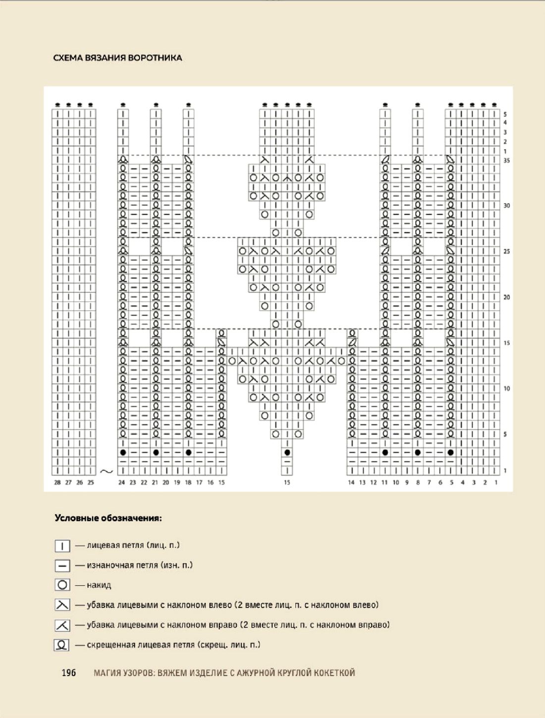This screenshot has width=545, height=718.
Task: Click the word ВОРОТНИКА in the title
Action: tap(155, 57)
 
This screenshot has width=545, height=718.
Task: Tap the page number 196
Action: tap(69, 672)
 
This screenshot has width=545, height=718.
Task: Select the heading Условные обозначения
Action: tap(108, 518)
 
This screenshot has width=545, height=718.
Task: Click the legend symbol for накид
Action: tap(62, 585)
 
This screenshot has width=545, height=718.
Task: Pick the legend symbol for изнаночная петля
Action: tap(62, 565)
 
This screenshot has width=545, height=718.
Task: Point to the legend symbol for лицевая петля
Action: tap(62, 546)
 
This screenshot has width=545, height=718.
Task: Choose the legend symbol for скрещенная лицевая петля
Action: tap(62, 645)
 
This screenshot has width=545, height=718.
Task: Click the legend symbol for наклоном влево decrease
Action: tap(62, 605)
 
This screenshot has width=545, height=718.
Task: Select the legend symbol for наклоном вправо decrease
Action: tap(62, 625)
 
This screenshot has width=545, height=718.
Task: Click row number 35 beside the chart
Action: tap(506, 161)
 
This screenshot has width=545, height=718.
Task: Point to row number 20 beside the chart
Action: tap(506, 297)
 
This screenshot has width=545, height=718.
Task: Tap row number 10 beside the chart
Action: tap(506, 388)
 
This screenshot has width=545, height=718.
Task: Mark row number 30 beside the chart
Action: tap(506, 206)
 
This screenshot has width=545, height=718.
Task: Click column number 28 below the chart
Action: tap(57, 482)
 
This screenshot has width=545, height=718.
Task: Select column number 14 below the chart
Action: tap(351, 482)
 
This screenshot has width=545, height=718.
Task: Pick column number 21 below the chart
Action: tap(155, 482)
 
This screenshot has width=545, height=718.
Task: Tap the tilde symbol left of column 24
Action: tap(107, 471)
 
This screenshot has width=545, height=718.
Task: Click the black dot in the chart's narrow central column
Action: tap(287, 452)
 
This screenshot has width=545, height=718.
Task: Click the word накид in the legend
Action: tap(99, 585)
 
